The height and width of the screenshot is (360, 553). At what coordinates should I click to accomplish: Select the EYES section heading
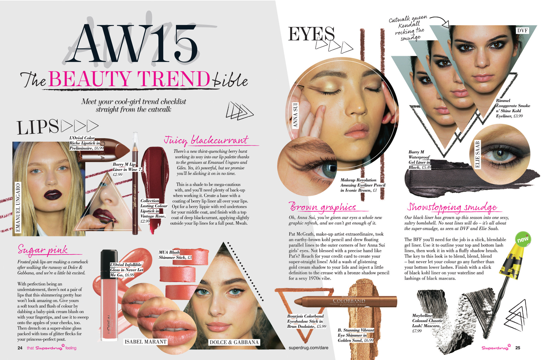[311, 34]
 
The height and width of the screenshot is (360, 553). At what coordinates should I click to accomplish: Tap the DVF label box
[522, 31]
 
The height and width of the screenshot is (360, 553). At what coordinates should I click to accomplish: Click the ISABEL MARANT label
[146, 342]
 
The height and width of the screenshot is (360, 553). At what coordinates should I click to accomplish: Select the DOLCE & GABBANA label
[234, 342]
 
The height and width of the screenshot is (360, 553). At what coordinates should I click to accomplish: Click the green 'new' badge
[523, 239]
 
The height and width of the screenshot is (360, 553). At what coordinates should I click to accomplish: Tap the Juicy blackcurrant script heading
[206, 140]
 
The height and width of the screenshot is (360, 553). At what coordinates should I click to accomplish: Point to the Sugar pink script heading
[43, 250]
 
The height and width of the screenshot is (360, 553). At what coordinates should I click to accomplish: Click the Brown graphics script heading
[323, 207]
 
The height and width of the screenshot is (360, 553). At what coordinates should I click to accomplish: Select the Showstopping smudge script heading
[452, 207]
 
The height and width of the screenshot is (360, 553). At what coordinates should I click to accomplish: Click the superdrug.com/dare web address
[308, 348]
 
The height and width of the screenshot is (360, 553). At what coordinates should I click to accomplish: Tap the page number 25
[518, 348]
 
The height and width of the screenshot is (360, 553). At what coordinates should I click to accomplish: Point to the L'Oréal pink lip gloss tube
[110, 296]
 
